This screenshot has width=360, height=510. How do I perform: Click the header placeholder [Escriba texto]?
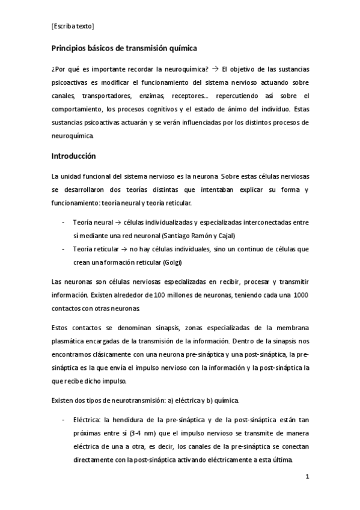click(x=73, y=26)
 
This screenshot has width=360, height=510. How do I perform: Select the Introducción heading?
click(x=74, y=155)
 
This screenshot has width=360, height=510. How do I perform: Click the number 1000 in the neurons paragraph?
click(x=301, y=295)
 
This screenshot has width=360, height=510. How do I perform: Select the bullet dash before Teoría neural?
click(x=64, y=223)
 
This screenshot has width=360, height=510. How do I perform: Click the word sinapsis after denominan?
click(x=165, y=327)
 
